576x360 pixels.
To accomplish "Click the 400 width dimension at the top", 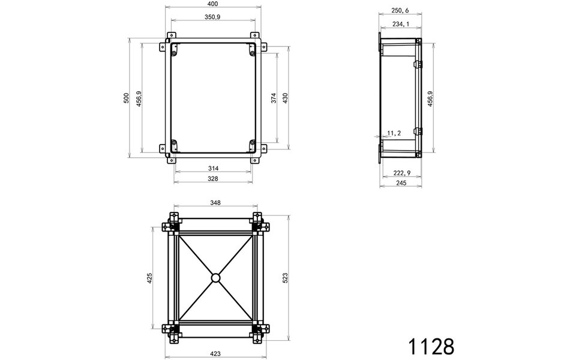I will click(213, 4).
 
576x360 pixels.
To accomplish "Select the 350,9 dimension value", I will click(213, 17).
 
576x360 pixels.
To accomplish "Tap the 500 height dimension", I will click(126, 98).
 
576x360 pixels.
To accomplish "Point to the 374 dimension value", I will click(274, 98).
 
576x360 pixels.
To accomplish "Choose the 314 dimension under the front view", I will click(213, 167).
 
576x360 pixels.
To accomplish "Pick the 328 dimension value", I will click(213, 179).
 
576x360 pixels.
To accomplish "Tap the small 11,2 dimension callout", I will click(394, 133).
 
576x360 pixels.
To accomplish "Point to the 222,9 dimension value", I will click(401, 173).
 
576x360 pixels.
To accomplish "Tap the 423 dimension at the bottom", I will click(215, 354).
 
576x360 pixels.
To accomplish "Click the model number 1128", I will click(431, 346).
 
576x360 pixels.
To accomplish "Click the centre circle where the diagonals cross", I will click(215, 278).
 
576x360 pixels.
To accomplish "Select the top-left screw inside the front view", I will click(174, 54).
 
